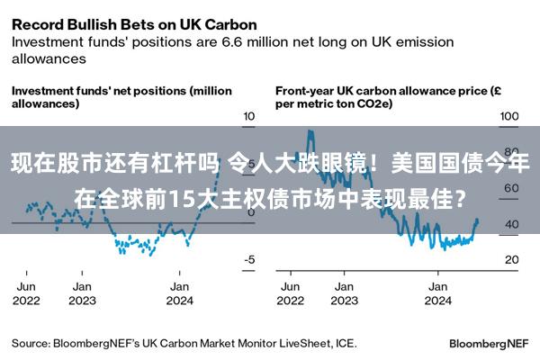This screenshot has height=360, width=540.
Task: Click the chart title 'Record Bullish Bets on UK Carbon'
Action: [133, 23]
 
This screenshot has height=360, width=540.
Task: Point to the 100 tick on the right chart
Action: [510, 117]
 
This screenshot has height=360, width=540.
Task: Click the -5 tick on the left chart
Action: [249, 260]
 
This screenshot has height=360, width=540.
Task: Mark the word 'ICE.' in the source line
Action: [344, 343]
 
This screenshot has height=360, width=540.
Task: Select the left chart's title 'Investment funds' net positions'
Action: [121, 91]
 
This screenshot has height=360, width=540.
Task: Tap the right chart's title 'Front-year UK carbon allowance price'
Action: [387, 91]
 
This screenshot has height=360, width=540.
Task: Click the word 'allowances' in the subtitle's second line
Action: [49, 58]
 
